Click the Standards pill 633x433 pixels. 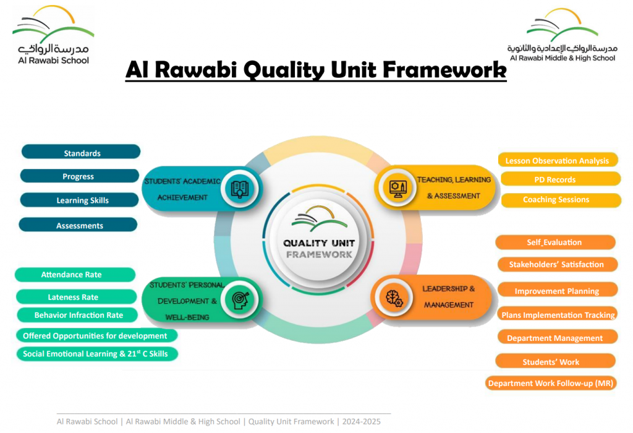pyautogui.click(x=81, y=153)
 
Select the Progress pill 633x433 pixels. pyautogui.click(x=79, y=176)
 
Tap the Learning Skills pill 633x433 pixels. pyautogui.click(x=81, y=200)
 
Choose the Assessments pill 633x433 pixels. pyautogui.click(x=79, y=225)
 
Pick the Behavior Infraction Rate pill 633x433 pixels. pyautogui.click(x=79, y=315)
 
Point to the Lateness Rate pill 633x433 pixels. pyautogui.click(x=75, y=297)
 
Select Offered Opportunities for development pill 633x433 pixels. pyautogui.click(x=96, y=336)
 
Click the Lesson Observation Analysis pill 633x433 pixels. pyautogui.click(x=557, y=160)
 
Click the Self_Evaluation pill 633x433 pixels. pyautogui.click(x=554, y=242)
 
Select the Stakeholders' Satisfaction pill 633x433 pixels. pyautogui.click(x=556, y=264)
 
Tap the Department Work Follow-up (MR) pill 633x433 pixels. pyautogui.click(x=550, y=384)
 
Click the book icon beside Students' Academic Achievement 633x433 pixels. pyautogui.click(x=239, y=188)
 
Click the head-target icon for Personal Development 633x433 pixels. pyautogui.click(x=239, y=299)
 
